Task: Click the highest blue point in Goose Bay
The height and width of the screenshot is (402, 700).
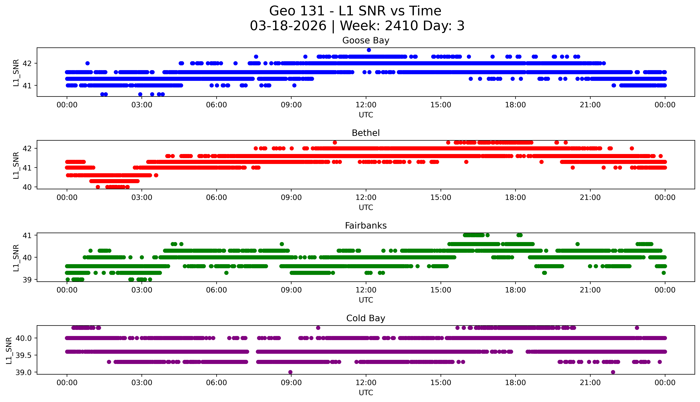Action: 369,50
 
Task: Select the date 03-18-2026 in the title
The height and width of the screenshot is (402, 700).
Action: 288,26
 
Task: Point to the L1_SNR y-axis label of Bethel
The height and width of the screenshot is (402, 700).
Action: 16,165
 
